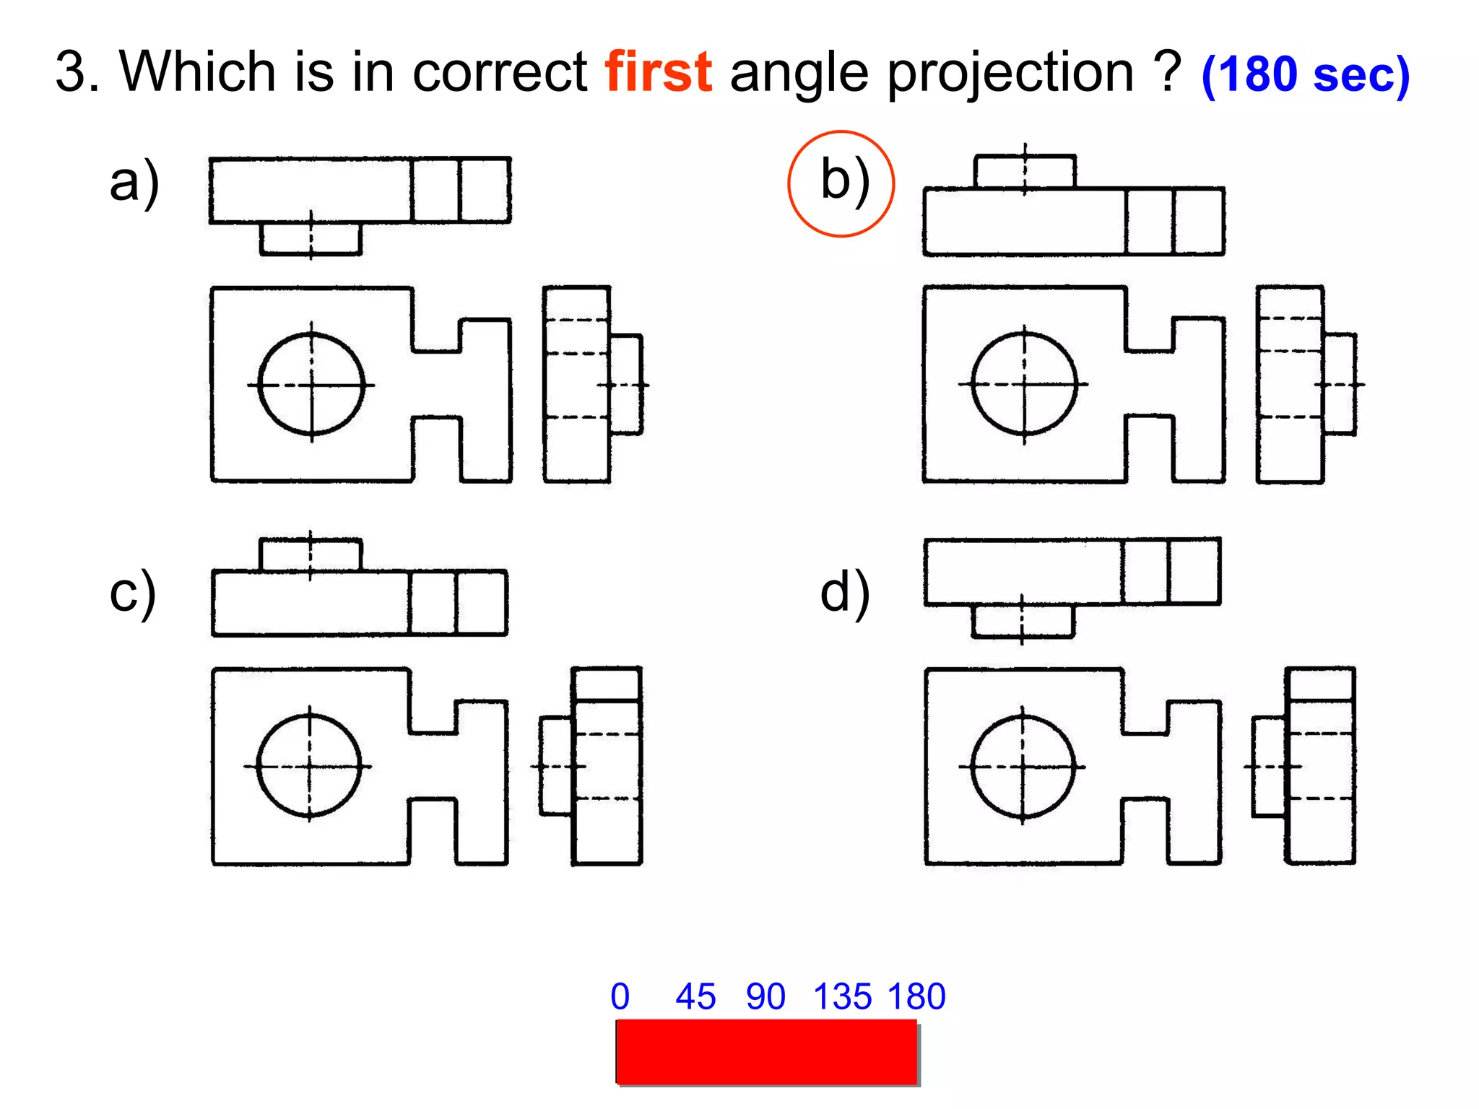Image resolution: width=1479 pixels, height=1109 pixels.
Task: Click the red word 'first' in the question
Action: pos(659,72)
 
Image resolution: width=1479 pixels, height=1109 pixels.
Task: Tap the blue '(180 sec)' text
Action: pos(1305,75)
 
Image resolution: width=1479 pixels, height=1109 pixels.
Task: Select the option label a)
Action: pos(134,183)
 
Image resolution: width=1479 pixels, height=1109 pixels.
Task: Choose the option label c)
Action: pos(132,593)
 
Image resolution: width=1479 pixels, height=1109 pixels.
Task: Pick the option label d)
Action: pos(844,593)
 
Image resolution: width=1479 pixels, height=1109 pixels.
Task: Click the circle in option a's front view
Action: pos(311,384)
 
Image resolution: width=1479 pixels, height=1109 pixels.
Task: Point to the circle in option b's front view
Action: pos(1024,383)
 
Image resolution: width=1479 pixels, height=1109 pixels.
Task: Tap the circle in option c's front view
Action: pos(309,765)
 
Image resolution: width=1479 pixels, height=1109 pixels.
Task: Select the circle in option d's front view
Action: pos(1023,766)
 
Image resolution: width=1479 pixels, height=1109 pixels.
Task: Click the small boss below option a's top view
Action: pos(311,238)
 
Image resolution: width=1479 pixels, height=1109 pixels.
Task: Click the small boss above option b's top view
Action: pos(1025,172)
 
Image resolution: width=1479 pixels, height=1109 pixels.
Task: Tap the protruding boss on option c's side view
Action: pos(556,765)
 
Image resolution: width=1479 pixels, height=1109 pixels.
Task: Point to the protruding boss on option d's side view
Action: pos(1269,766)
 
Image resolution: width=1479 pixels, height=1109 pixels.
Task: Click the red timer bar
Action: pos(766,1051)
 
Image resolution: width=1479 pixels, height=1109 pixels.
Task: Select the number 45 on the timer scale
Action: pos(695,997)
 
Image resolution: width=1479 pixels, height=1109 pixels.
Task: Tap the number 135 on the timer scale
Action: pos(842,997)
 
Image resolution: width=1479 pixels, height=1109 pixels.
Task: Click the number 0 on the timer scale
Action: pos(620,997)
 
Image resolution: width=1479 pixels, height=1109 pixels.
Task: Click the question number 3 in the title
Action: pos(71,72)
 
